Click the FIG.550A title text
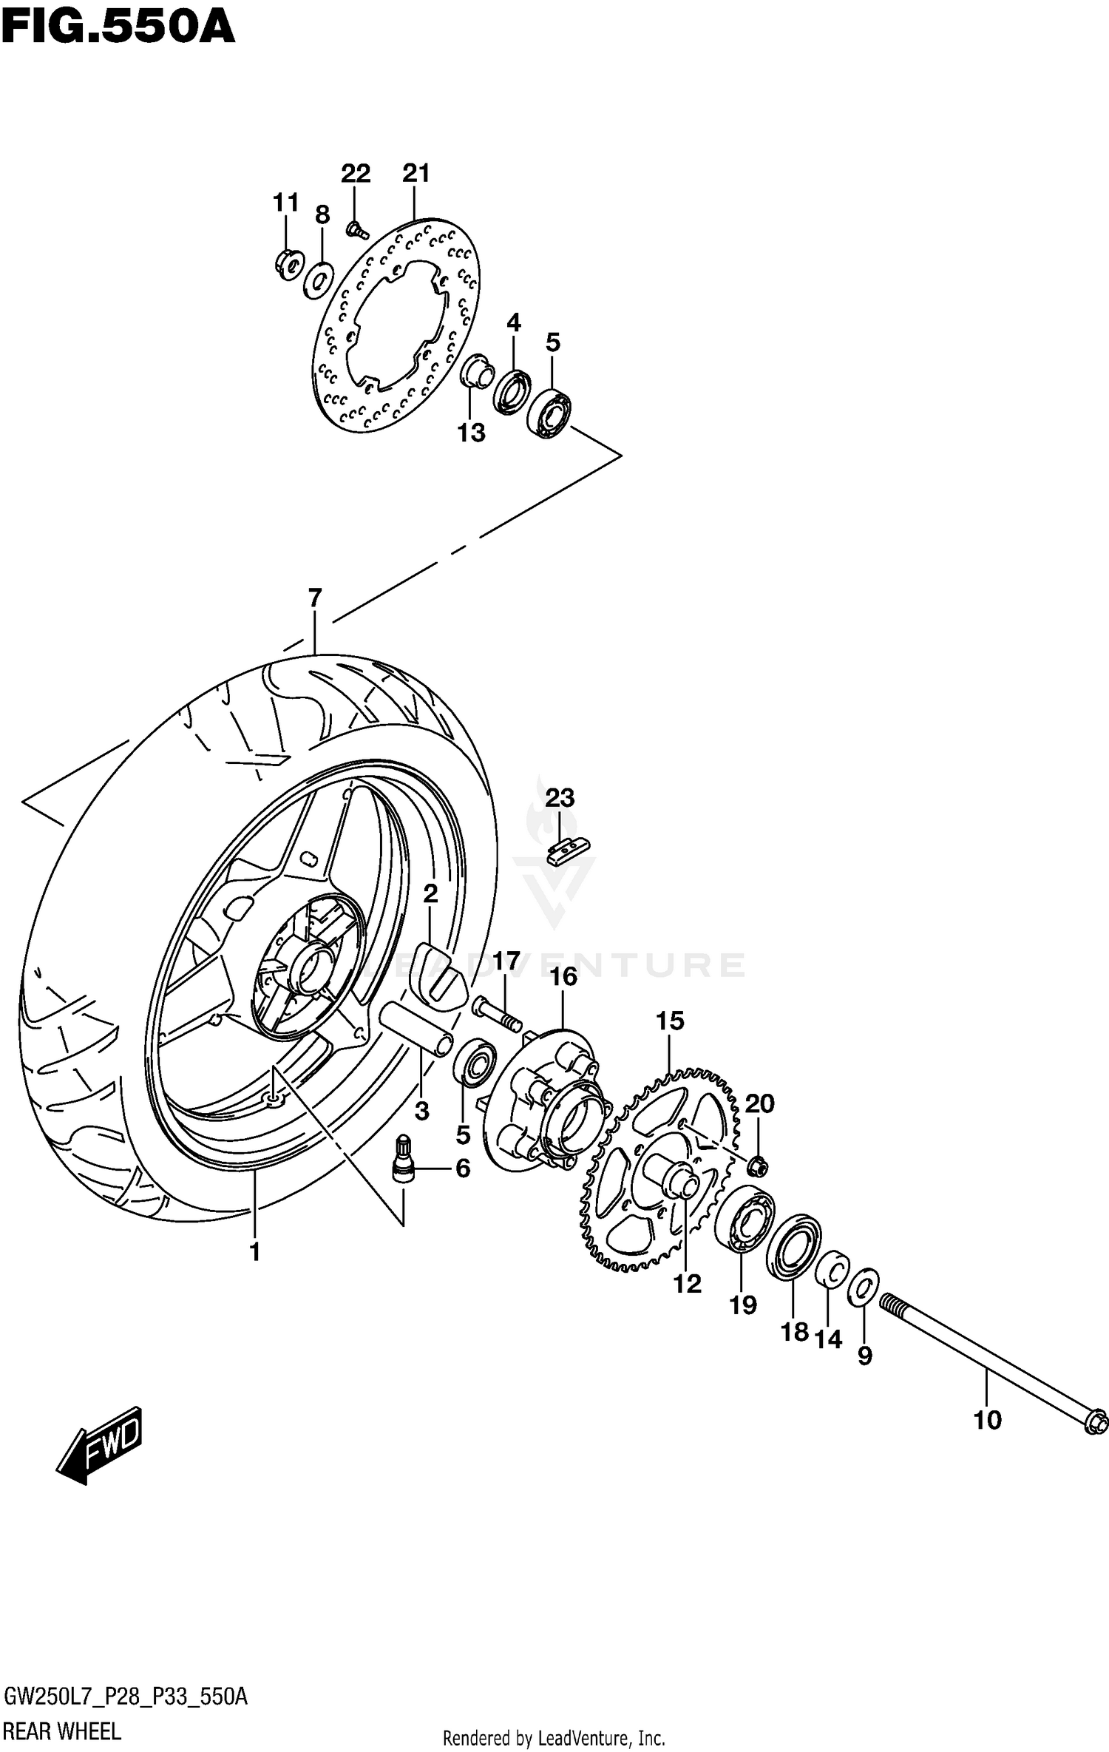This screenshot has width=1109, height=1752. click(x=118, y=28)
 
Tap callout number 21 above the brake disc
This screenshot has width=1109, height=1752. click(x=416, y=173)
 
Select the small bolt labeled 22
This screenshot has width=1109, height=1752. click(x=356, y=231)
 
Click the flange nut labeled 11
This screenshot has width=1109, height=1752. click(x=289, y=265)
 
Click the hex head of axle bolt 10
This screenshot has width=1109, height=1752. click(x=1096, y=1422)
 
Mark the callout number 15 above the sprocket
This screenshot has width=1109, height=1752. click(x=670, y=1021)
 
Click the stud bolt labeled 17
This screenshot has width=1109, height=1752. click(x=497, y=1014)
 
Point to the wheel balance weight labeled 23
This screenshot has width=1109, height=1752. click(x=568, y=851)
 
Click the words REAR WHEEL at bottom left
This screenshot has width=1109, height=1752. click(x=62, y=1731)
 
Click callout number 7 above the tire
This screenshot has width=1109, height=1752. click(x=315, y=598)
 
